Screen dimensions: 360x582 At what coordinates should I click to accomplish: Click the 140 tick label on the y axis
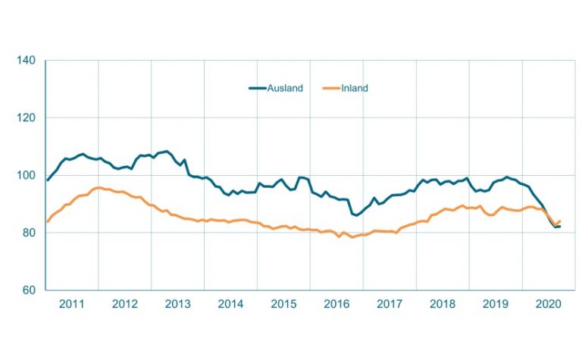coord(27,60)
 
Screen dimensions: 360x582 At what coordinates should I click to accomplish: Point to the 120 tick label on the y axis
coord(27,117)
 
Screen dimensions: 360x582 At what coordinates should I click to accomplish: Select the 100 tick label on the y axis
coord(27,175)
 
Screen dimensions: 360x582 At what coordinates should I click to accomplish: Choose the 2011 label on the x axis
coord(71,304)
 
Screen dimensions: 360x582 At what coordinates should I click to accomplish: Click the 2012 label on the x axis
coord(124,304)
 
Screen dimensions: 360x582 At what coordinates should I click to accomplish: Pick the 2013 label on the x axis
coord(177,304)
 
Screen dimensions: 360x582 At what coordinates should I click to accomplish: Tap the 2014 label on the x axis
coord(230,304)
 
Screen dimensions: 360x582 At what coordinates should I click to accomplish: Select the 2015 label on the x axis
coord(283,304)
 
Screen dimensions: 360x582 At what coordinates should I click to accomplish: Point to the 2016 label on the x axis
coord(336,304)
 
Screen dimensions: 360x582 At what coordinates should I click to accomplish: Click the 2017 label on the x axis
coord(390,304)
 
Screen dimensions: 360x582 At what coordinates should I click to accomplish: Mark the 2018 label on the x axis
coord(443,304)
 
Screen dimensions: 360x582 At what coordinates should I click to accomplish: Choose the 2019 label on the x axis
coord(496,304)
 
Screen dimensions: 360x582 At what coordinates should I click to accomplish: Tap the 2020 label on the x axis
coord(549,304)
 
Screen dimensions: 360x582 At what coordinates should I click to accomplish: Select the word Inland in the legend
coord(354,88)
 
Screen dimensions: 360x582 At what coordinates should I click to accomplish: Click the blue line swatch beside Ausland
coord(258,88)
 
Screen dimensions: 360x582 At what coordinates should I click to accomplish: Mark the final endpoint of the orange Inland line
coord(559,221)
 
